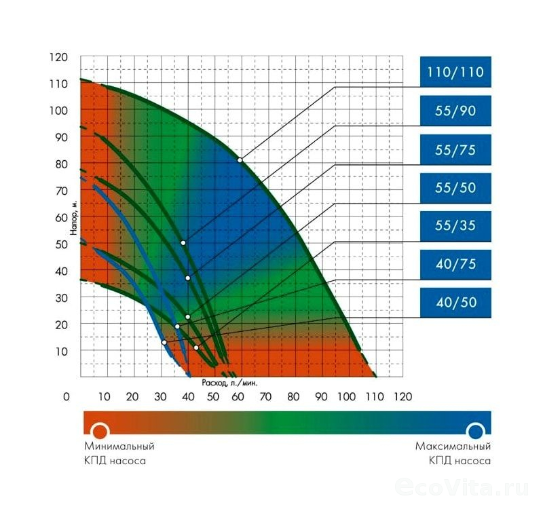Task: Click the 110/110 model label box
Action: point(455,71)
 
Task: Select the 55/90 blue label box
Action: point(455,110)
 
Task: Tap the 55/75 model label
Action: point(455,149)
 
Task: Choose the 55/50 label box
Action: point(455,187)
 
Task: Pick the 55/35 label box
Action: point(455,226)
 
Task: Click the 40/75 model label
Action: point(455,264)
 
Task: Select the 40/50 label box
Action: point(455,303)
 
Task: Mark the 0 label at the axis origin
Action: point(66,396)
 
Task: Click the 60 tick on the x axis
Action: point(238,396)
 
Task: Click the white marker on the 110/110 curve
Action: point(240,159)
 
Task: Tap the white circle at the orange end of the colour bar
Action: point(100,431)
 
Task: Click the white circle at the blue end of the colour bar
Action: point(475,431)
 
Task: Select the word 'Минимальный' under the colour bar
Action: point(119,447)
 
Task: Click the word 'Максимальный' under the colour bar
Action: point(453,447)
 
